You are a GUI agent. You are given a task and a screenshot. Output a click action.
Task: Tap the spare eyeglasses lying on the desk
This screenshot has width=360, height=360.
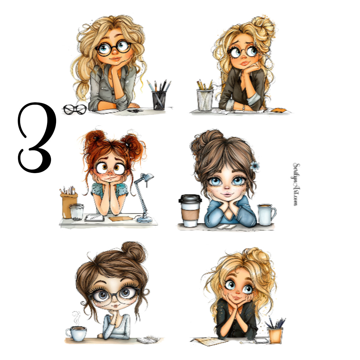[x=75, y=109]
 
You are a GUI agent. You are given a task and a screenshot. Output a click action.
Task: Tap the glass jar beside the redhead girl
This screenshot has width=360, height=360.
[x=76, y=212]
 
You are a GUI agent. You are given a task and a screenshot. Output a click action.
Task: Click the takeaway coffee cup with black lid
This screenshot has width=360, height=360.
[x=190, y=211]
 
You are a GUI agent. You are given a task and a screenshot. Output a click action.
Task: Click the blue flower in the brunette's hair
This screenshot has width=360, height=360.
[x=255, y=166]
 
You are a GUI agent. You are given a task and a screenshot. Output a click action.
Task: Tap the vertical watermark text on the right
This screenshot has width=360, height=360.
[x=296, y=184]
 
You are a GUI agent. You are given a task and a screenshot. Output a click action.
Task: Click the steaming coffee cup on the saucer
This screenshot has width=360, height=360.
[x=76, y=333]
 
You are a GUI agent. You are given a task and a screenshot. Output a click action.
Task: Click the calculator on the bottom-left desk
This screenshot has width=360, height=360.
[x=148, y=339]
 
